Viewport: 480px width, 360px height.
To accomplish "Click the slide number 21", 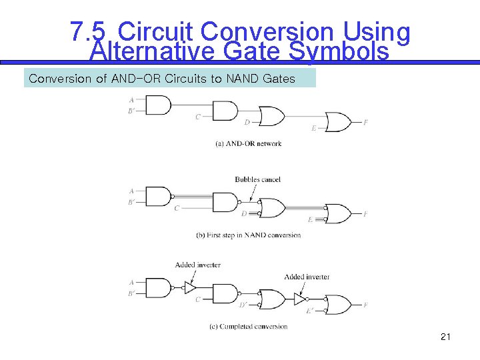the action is pyautogui.click(x=445, y=337).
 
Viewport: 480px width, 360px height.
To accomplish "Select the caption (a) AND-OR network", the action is pyautogui.click(x=248, y=143).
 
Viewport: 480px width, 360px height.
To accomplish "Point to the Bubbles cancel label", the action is pyautogui.click(x=257, y=179).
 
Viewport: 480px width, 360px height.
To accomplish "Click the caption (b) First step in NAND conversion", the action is pyautogui.click(x=248, y=235).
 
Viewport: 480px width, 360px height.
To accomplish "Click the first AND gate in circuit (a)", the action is pyautogui.click(x=157, y=105).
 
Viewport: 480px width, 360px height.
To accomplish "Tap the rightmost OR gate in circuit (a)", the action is pyautogui.click(x=337, y=123).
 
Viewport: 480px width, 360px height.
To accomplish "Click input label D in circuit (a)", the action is pyautogui.click(x=247, y=122).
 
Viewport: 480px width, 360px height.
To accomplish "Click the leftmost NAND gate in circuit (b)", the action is pyautogui.click(x=157, y=197).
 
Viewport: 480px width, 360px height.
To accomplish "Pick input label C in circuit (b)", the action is pyautogui.click(x=177, y=208).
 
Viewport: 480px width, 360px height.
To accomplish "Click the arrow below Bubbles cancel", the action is pyautogui.click(x=253, y=192).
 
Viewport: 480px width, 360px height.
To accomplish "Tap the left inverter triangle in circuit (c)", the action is pyautogui.click(x=190, y=288).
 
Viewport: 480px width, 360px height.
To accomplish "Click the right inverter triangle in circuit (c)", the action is pyautogui.click(x=299, y=299).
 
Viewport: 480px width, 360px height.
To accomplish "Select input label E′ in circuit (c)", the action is pyautogui.click(x=310, y=311).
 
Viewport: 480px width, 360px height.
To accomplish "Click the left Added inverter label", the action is pyautogui.click(x=197, y=265).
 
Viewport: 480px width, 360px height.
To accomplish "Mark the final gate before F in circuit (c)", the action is pyautogui.click(x=337, y=305).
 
